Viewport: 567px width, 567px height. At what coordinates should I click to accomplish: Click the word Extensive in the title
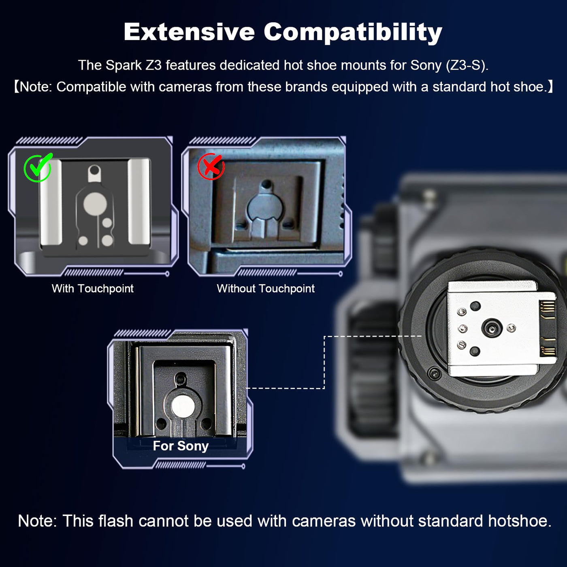[189, 32]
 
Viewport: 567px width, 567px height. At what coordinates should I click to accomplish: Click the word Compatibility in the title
[353, 32]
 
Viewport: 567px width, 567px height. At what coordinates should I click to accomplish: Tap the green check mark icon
[38, 168]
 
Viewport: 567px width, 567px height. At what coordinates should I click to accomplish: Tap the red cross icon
[211, 166]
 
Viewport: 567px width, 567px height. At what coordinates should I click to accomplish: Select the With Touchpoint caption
[93, 288]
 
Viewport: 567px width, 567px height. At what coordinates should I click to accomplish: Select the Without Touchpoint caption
[266, 288]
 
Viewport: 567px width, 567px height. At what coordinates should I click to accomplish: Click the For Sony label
[181, 446]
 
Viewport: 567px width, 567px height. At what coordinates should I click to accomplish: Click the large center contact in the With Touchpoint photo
[95, 204]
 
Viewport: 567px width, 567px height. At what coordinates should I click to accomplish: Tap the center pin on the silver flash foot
[492, 328]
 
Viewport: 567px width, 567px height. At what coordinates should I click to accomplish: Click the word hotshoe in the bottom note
[520, 521]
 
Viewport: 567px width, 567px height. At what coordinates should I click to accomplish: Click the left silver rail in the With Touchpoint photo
[51, 202]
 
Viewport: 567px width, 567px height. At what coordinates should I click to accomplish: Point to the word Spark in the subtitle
[124, 65]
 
